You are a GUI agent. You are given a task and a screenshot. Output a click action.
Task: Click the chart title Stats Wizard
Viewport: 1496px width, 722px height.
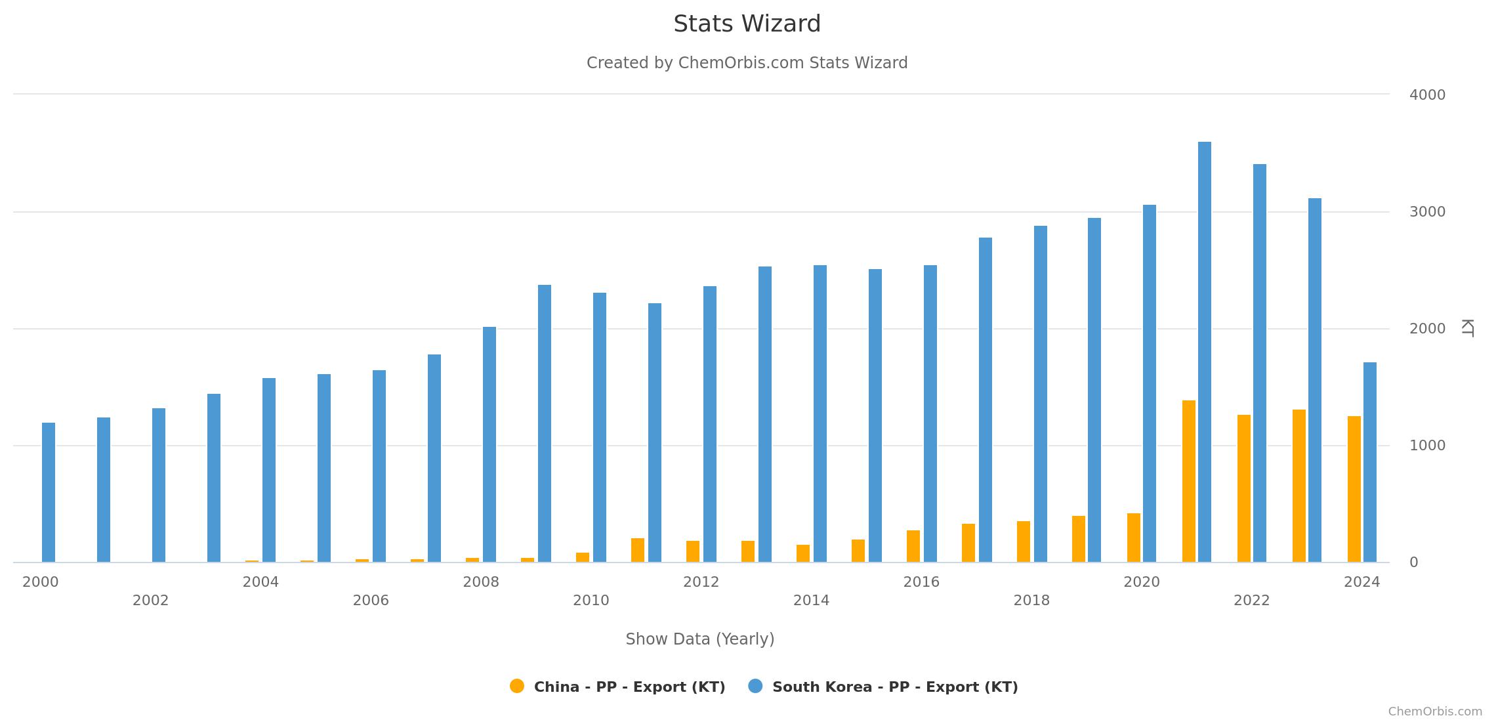[747, 24]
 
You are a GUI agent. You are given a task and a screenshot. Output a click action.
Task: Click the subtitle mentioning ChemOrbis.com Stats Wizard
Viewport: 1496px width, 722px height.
[747, 63]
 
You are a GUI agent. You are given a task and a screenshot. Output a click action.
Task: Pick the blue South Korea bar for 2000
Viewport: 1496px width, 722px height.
[49, 492]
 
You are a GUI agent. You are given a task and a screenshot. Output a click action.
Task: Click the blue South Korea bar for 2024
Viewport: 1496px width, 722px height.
[1370, 462]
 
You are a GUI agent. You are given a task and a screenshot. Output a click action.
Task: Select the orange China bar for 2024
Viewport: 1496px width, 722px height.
[1354, 489]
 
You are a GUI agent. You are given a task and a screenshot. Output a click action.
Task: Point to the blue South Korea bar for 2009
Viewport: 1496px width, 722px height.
[545, 423]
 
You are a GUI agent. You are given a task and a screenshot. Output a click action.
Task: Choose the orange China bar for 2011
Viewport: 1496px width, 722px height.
[638, 550]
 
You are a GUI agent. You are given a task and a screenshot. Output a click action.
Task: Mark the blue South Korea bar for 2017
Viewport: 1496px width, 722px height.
[986, 400]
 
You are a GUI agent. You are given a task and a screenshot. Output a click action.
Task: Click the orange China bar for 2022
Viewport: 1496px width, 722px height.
[1244, 488]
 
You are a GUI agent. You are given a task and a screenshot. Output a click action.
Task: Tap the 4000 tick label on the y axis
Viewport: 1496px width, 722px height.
[1427, 95]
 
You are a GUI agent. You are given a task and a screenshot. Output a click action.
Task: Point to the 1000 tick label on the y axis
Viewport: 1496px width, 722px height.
[1427, 446]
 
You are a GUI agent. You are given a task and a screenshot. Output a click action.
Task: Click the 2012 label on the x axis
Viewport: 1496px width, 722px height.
[701, 582]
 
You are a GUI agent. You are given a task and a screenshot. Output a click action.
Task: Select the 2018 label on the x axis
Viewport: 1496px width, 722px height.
[1031, 601]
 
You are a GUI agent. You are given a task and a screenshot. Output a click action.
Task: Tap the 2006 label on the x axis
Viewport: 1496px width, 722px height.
[371, 601]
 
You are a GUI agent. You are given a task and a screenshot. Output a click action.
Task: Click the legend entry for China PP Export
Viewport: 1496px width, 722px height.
[629, 687]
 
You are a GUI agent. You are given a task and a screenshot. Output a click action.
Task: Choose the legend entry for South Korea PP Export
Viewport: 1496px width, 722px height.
[894, 687]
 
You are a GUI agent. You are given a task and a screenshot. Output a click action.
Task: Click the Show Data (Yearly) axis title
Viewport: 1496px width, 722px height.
[700, 639]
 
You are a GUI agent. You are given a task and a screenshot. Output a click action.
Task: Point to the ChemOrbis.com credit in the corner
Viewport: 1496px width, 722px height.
[1435, 711]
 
